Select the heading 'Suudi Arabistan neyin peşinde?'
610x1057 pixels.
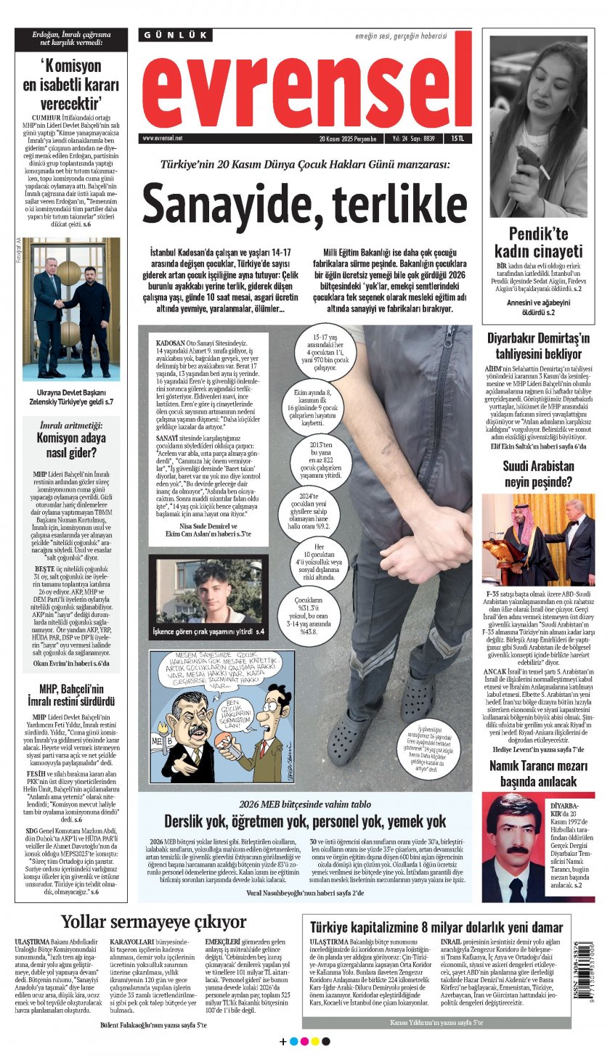pos(537,473)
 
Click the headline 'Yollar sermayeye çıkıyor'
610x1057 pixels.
pos(153,922)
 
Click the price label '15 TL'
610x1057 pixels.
pos(457,138)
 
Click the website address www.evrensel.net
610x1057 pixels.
pos(163,138)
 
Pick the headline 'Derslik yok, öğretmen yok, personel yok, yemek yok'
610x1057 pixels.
pos(304,821)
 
